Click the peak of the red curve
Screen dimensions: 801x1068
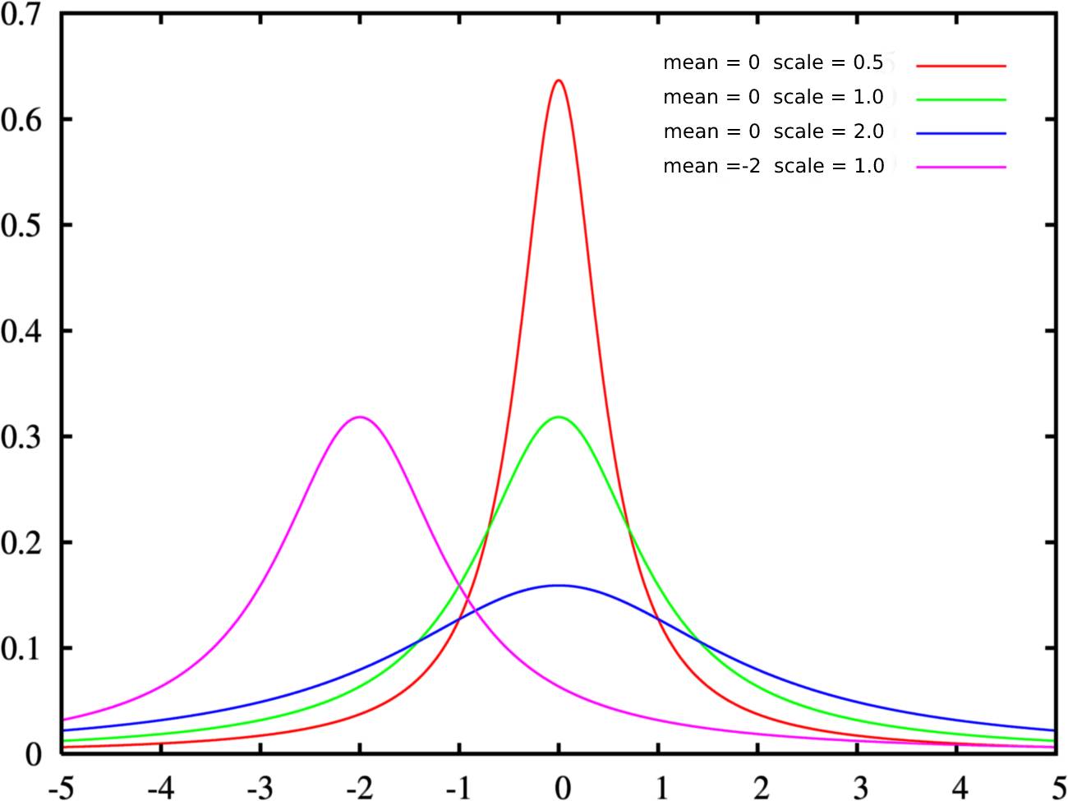click(559, 81)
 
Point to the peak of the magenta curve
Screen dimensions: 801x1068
click(360, 417)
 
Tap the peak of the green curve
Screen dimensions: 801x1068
click(559, 417)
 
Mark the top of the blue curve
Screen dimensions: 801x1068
click(559, 586)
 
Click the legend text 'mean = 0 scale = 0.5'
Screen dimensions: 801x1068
click(773, 62)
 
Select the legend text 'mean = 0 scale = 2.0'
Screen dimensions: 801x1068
click(773, 131)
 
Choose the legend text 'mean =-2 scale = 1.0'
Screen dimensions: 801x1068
click(773, 166)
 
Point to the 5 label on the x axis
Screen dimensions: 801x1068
click(1055, 788)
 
